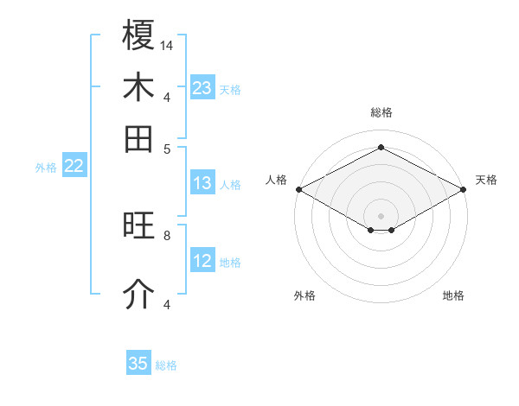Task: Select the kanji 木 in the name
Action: (x=138, y=87)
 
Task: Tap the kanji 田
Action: (x=138, y=138)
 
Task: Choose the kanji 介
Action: (x=138, y=295)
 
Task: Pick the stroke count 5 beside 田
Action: (x=167, y=148)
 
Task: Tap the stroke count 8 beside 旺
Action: (x=167, y=234)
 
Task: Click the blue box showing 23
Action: (x=202, y=88)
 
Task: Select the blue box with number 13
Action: (x=202, y=183)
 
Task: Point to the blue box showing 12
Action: (x=202, y=261)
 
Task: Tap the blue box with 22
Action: (x=74, y=167)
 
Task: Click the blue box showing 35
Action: (x=138, y=364)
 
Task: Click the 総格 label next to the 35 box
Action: (x=166, y=365)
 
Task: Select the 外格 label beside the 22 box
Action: (x=46, y=168)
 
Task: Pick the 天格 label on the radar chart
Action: (x=486, y=180)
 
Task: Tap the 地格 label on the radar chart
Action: (x=453, y=295)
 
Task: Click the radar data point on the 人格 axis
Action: (x=298, y=189)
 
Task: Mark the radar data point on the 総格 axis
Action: (x=381, y=148)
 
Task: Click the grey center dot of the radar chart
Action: (x=381, y=214)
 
